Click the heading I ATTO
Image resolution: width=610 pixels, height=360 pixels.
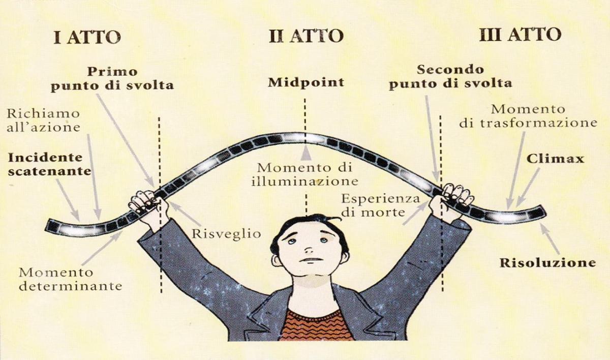point(87,38)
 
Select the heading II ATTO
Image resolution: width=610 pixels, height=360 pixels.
point(306,36)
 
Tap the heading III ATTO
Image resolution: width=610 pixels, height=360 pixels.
point(520,35)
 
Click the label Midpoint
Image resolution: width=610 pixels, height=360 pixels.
point(306,83)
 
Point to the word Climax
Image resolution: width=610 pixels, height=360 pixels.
point(555,159)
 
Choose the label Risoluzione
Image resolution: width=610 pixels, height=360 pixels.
point(547,263)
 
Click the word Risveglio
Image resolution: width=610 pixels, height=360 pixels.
point(226,234)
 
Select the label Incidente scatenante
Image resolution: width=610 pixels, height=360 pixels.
point(49,164)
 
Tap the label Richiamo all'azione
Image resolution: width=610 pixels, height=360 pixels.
point(43,121)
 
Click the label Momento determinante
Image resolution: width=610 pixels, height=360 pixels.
point(70,279)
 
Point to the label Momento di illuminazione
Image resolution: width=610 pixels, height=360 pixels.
point(304,174)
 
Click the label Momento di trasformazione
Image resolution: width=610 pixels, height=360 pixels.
point(528,116)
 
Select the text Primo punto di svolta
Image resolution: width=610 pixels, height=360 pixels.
point(112,79)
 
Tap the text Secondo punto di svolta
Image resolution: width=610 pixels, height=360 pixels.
point(450,77)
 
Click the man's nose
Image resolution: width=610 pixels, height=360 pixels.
point(308,249)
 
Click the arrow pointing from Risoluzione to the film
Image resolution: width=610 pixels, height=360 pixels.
point(550,239)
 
